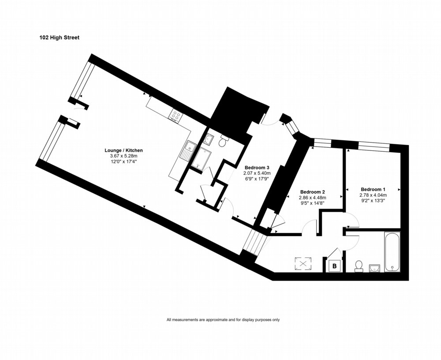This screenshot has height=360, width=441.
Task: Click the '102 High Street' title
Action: (x=60, y=37)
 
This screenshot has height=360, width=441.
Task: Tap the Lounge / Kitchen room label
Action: (x=124, y=150)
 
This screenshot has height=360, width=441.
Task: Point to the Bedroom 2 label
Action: (x=313, y=192)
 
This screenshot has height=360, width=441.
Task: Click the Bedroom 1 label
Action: (x=373, y=189)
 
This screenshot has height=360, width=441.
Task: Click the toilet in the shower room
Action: (x=223, y=141)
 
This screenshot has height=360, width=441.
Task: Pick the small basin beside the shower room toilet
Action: (x=209, y=139)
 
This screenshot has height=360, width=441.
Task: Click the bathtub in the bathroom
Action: (x=392, y=251)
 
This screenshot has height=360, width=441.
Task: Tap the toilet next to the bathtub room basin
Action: (x=359, y=266)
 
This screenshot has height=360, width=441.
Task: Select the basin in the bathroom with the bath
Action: (x=374, y=268)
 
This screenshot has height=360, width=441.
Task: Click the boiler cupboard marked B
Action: (x=334, y=266)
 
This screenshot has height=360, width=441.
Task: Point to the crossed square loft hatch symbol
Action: (x=303, y=264)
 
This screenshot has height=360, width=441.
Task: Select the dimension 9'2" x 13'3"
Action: (x=373, y=201)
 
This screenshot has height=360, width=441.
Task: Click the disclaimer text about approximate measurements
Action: (x=223, y=320)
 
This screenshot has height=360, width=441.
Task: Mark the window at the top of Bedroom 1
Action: (x=374, y=146)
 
